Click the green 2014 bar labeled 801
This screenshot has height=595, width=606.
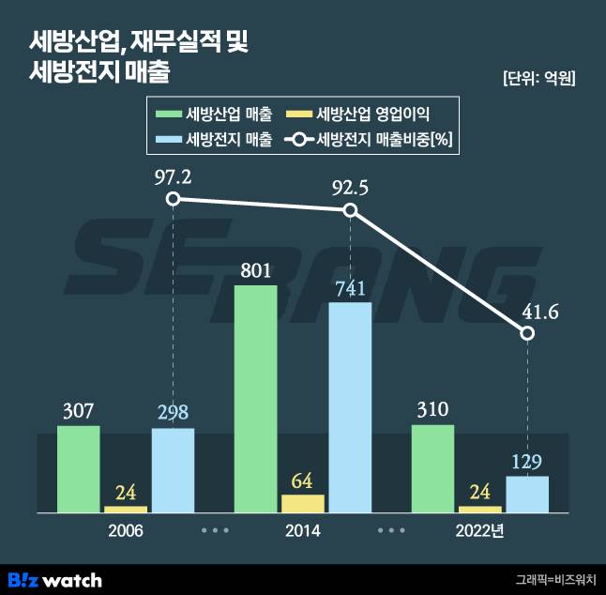[255, 398]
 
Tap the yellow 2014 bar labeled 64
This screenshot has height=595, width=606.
[302, 503]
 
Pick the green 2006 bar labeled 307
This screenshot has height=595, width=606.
[78, 468]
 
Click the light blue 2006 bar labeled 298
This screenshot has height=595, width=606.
[173, 469]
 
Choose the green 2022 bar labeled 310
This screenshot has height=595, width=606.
[432, 467]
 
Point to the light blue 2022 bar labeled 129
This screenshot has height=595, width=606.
[527, 494]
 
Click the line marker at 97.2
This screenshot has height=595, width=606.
[173, 198]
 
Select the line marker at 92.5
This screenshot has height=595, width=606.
[350, 209]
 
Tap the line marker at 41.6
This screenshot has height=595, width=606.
[527, 333]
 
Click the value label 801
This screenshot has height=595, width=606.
[255, 271]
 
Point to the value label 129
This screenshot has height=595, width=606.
[527, 462]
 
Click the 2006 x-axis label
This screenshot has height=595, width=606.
[126, 531]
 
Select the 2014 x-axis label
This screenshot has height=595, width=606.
[302, 531]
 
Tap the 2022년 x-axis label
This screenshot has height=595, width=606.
[479, 531]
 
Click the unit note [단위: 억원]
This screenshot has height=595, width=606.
[538, 79]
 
